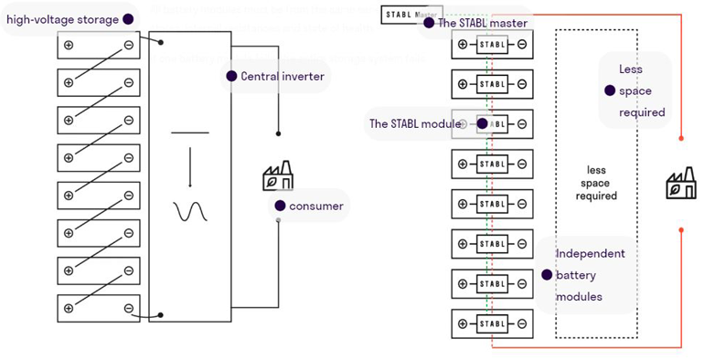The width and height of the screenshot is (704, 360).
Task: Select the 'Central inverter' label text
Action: click(282, 77)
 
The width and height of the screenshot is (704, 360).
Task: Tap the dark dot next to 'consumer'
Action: click(279, 206)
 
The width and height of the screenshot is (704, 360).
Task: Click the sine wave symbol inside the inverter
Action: click(190, 211)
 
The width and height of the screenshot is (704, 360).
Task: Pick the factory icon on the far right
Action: click(680, 185)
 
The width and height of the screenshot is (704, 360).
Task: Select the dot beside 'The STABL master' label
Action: click(427, 23)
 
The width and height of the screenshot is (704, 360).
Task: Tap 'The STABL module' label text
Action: click(410, 123)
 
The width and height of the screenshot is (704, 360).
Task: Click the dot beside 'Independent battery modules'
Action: click(546, 273)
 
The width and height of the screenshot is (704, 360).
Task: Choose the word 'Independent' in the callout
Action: click(590, 253)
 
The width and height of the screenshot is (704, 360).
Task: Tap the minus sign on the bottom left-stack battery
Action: click(129, 310)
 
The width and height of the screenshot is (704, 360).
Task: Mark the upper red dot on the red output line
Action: click(681, 139)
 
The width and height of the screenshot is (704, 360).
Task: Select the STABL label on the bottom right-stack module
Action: click(492, 323)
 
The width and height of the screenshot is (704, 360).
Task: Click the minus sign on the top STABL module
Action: click(521, 44)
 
